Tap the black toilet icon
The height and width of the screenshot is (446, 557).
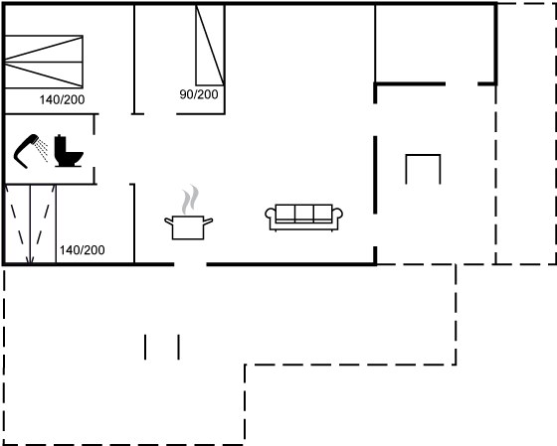click(x=69, y=151)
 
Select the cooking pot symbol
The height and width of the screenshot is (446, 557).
click(x=188, y=227)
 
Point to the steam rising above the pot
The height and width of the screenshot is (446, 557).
click(x=190, y=200)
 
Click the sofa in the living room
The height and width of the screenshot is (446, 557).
click(x=303, y=218)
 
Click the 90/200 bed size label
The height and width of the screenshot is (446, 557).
click(x=199, y=94)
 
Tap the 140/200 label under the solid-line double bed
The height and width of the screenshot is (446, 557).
click(x=62, y=99)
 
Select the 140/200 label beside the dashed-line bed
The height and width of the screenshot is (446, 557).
click(x=82, y=250)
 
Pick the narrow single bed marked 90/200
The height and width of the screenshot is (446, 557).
click(x=210, y=45)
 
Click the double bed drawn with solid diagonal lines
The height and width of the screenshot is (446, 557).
click(x=44, y=62)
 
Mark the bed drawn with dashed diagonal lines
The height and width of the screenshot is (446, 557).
click(x=30, y=224)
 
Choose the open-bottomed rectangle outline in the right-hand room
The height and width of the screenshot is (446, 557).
click(x=423, y=155)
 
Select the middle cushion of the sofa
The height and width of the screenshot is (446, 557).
click(x=303, y=213)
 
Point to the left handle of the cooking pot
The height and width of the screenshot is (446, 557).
click(x=168, y=222)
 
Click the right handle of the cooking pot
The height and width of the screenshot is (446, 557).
click(x=208, y=222)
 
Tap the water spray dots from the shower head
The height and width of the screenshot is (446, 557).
click(x=43, y=150)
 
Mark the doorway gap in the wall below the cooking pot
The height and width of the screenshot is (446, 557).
click(x=190, y=264)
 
